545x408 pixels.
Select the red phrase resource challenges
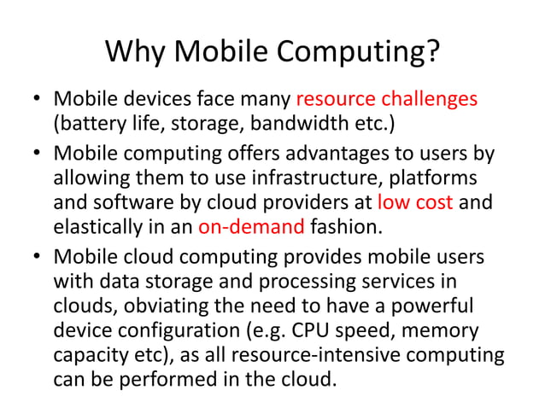pyautogui.click(x=387, y=99)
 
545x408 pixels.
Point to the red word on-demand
pyautogui.click(x=251, y=228)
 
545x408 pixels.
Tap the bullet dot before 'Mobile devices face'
pyautogui.click(x=38, y=100)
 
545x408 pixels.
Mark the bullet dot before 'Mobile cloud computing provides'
pyautogui.click(x=38, y=257)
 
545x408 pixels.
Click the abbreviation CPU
pyautogui.click(x=345, y=329)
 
